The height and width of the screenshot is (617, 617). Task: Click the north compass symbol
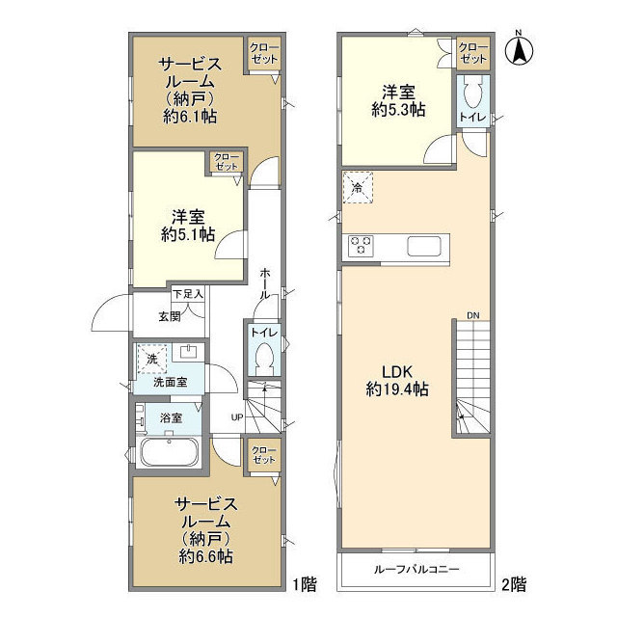[519, 48]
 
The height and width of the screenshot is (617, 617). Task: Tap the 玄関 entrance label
[170, 316]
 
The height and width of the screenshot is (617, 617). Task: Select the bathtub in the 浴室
[170, 451]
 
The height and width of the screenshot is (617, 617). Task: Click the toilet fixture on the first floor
[265, 357]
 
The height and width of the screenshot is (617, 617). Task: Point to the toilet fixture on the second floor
[473, 94]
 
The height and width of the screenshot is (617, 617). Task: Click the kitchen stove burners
[361, 246]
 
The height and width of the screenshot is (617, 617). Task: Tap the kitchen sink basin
[424, 247]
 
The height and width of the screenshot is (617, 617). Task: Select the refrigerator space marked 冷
[358, 188]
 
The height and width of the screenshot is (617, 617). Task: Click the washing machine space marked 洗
[152, 359]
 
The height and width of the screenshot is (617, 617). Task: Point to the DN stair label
[473, 315]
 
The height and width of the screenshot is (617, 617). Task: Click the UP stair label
[237, 417]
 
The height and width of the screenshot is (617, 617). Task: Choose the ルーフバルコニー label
[416, 570]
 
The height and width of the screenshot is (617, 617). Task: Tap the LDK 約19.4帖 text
[397, 380]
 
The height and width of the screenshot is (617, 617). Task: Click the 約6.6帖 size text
[205, 556]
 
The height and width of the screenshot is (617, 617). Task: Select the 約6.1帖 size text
[190, 117]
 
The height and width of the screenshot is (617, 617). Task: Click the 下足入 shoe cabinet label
[188, 293]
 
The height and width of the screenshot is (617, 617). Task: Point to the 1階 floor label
[306, 584]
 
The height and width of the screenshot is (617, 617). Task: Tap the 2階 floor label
[514, 584]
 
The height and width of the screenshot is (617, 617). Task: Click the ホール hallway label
[265, 283]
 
